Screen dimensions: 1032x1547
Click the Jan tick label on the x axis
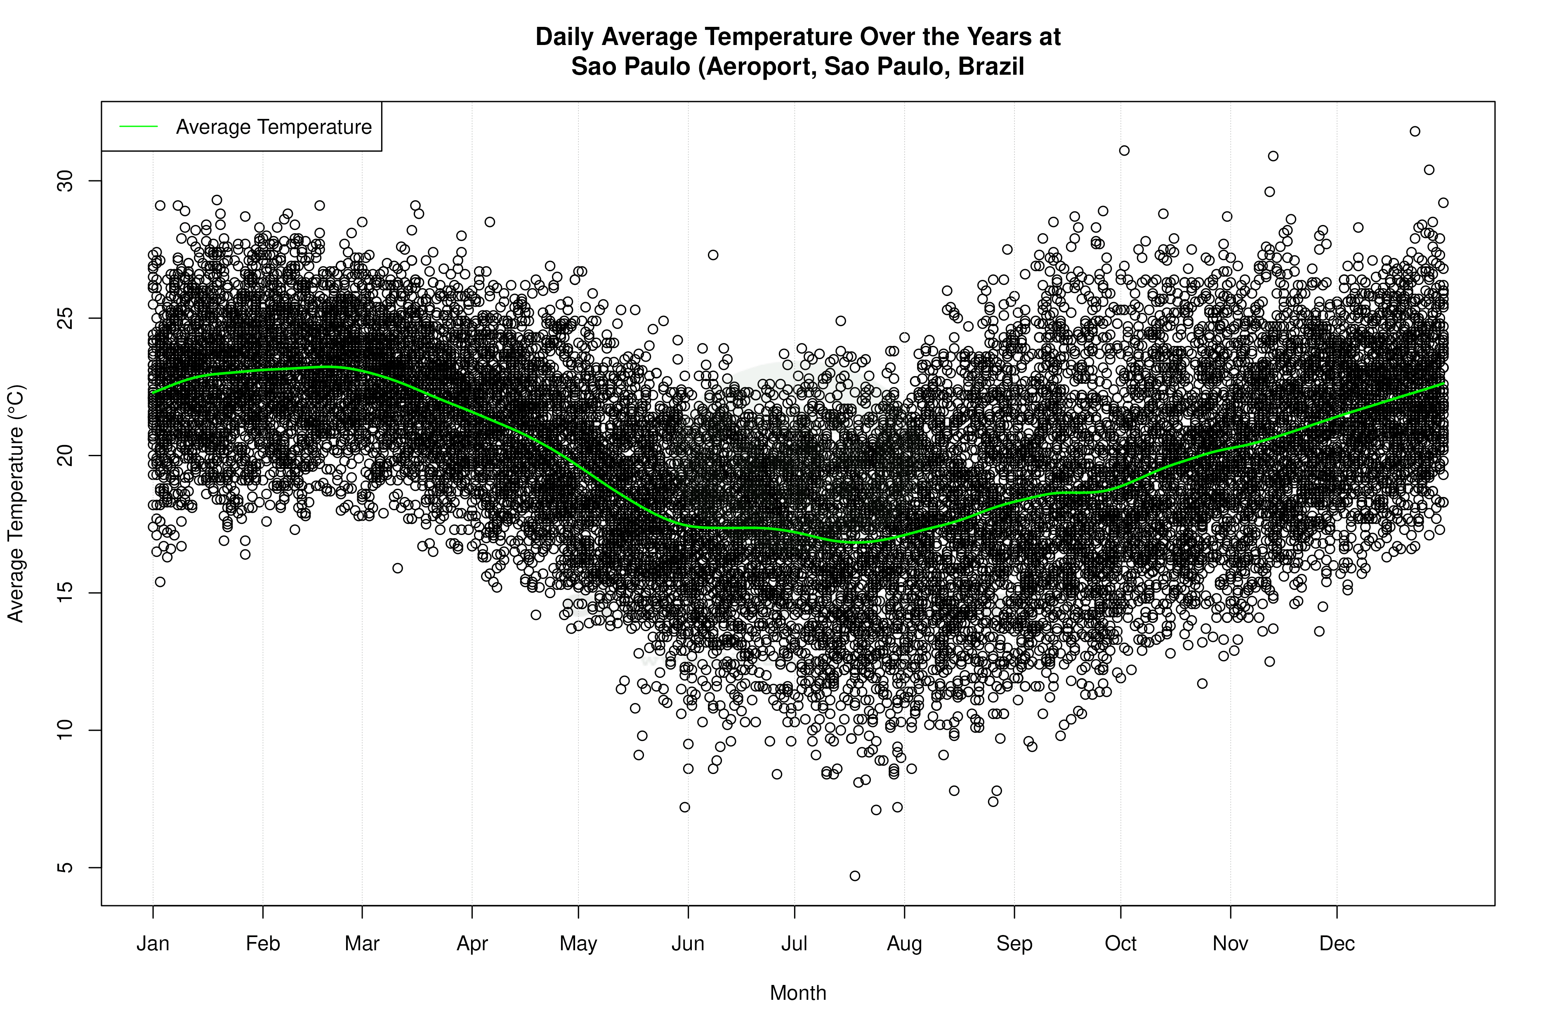coord(153,944)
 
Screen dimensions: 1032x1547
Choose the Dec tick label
coord(1337,944)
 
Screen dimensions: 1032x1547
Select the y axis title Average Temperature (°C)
coord(16,504)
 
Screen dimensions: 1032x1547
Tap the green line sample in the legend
coord(139,126)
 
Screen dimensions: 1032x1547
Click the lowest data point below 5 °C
coord(854,876)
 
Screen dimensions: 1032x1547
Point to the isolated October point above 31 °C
coord(1124,151)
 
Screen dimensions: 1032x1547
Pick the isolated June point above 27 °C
coord(713,255)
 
